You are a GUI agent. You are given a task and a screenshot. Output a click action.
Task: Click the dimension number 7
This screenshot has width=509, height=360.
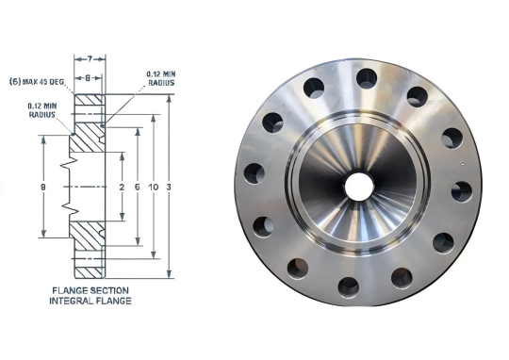[x=90, y=59]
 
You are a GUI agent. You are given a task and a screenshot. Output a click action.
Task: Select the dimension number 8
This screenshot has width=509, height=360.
[x=88, y=78]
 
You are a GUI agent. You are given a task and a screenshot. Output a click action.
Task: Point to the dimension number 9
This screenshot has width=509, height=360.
[x=43, y=187]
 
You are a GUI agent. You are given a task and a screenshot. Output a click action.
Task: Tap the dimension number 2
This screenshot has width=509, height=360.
[x=122, y=187]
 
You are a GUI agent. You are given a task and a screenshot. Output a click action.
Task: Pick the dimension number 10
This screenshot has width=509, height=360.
[x=154, y=187]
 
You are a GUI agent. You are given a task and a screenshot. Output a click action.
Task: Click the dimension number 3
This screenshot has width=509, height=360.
[x=169, y=187]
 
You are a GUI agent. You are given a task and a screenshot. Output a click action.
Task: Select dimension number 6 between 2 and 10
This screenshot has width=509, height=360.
[x=138, y=187]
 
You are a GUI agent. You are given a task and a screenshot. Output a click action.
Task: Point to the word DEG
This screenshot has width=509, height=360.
[x=57, y=82]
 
